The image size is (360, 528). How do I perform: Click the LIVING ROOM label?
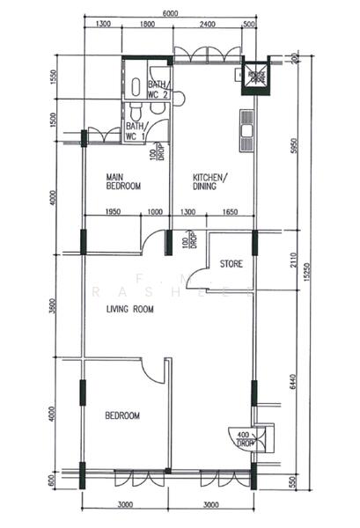click(x=129, y=310)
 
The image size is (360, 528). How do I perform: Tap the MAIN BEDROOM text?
click(x=124, y=180)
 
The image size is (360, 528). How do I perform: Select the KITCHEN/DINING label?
click(x=210, y=180)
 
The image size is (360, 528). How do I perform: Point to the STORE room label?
click(x=231, y=263)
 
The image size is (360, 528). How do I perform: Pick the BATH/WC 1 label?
click(x=136, y=132)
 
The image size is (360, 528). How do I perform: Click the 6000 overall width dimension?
click(x=171, y=13)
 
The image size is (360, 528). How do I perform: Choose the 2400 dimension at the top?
click(x=208, y=25)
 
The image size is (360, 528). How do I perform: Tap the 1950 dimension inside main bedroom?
click(x=114, y=212)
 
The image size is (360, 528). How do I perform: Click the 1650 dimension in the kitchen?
click(x=231, y=212)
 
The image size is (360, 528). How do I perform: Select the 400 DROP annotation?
click(x=243, y=438)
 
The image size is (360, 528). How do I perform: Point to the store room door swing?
click(x=204, y=279)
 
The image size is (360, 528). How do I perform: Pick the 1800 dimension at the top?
click(x=146, y=25)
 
